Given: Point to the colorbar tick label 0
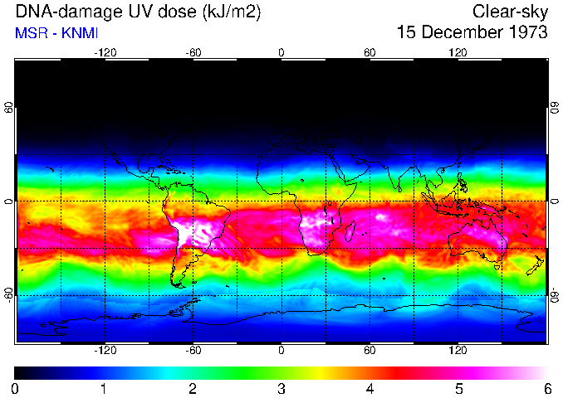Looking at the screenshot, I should pos(15,388).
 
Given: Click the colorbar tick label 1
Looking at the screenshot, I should pos(104,388).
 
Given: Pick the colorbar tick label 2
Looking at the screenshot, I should pos(193,388).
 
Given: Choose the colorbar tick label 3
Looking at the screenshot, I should pos(281,388).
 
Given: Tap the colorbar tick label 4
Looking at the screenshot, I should pos(370,388).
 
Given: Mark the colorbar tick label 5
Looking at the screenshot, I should pos(458,388).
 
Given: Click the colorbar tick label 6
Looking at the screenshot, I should pos(546,388).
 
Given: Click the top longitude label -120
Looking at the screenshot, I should pos(105,52).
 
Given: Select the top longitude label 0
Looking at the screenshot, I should pos(281,52).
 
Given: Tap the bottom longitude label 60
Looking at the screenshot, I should pos(370,351).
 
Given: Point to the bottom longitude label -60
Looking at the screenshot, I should pos(193,351).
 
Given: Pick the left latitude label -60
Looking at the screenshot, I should pos(8,294).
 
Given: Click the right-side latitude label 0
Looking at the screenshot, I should pos(554,201).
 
